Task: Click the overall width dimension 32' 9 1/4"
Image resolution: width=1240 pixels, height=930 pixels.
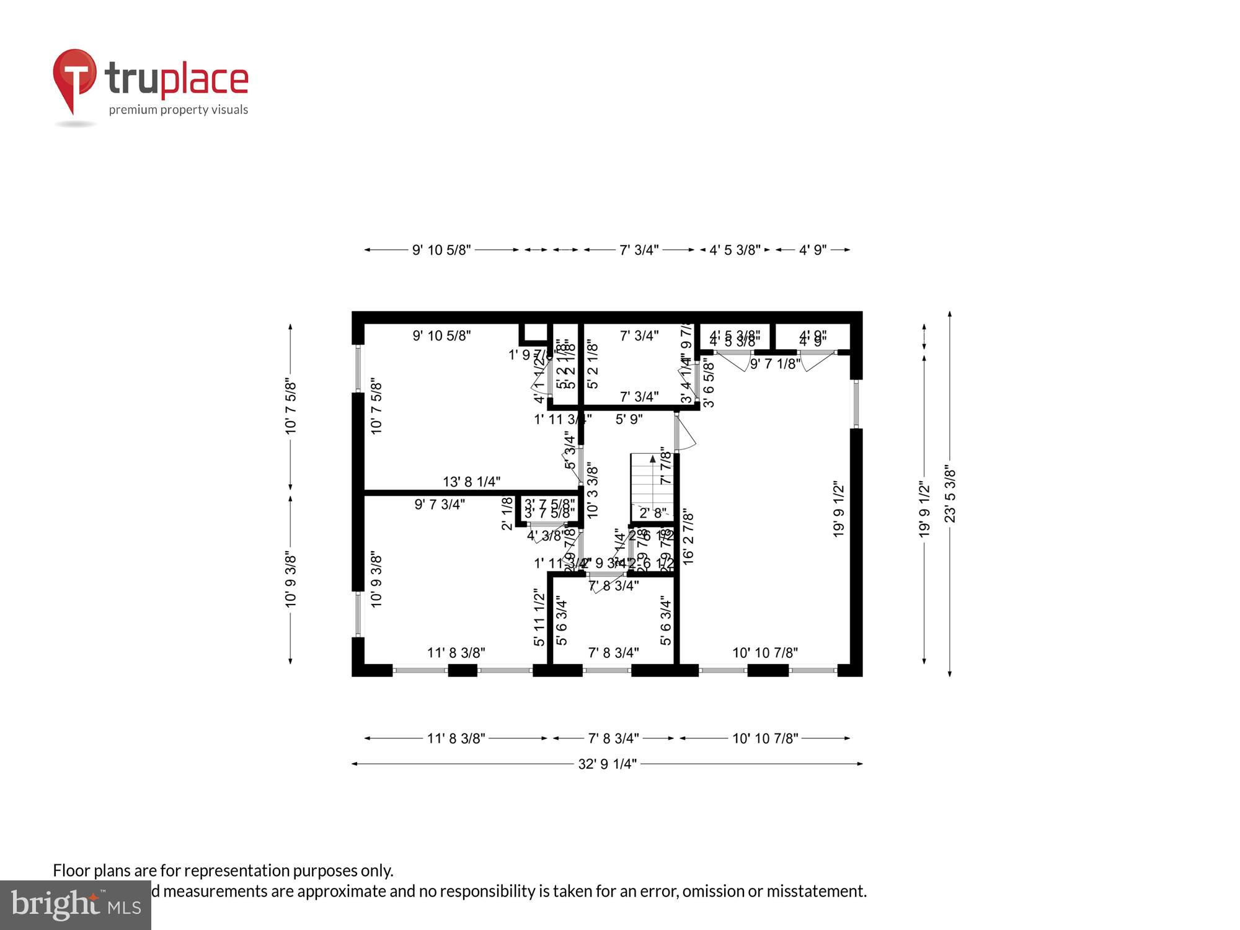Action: tap(607, 764)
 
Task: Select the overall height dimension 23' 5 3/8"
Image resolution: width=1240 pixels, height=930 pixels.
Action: tap(950, 494)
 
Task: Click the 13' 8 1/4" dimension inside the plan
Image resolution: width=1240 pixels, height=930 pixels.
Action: tap(471, 482)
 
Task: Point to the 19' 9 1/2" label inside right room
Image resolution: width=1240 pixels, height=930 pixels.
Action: tap(839, 508)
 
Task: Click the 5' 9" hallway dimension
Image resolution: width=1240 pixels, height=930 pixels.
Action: tap(629, 420)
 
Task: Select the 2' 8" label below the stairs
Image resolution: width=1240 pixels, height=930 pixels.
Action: tap(653, 513)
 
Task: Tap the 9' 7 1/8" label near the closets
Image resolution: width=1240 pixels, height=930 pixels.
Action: tap(775, 365)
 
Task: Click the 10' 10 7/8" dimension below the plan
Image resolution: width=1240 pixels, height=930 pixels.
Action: tap(765, 738)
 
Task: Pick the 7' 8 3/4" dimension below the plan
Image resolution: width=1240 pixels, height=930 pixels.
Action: tap(613, 738)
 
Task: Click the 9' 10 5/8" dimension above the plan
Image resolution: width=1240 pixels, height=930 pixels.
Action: tap(441, 250)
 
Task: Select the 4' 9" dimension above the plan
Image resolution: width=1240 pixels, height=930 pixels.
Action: tap(812, 250)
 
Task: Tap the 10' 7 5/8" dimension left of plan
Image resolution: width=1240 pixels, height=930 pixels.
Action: tap(291, 407)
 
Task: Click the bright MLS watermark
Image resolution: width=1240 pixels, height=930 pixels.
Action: tap(75, 905)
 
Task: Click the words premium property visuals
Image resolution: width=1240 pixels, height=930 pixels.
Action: tap(179, 110)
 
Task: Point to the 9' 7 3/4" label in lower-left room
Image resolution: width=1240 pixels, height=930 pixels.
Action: tap(440, 505)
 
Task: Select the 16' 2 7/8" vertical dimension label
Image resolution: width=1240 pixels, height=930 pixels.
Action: tap(688, 537)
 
